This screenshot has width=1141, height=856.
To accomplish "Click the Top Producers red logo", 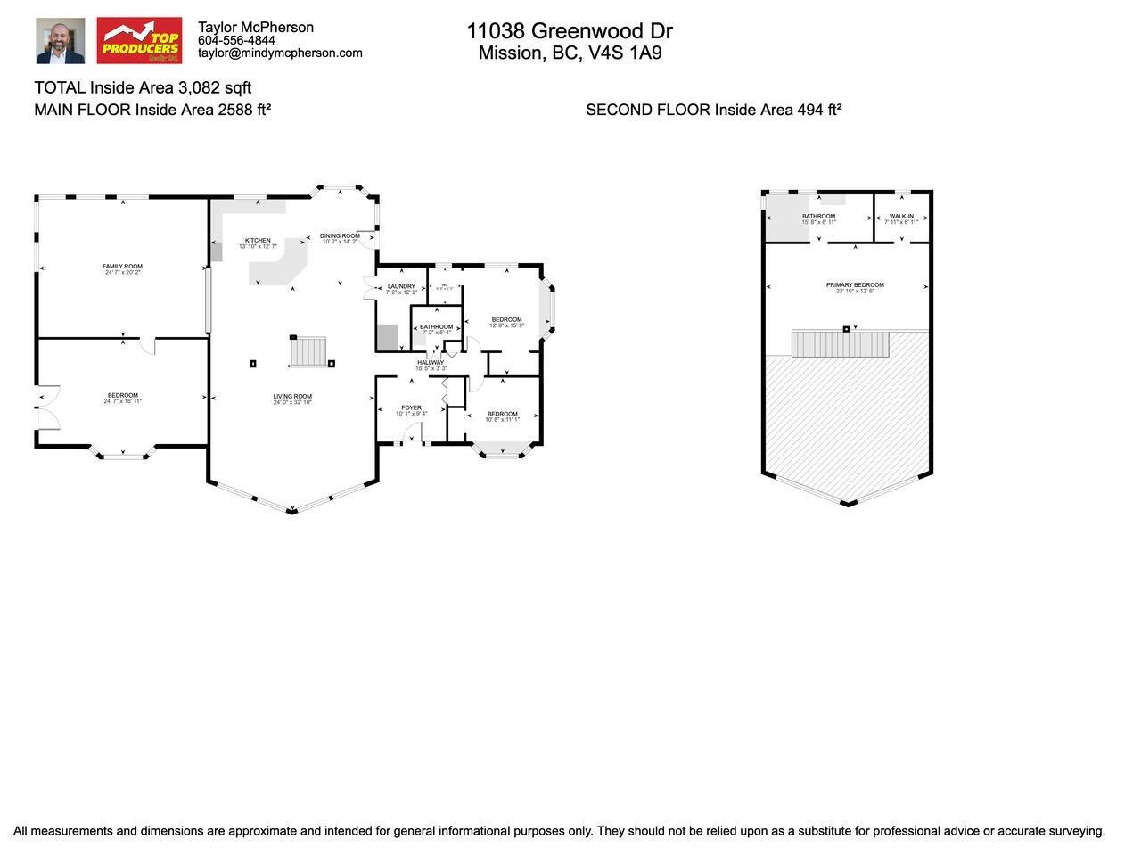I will [x=139, y=41].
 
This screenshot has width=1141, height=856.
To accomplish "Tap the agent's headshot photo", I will [x=61, y=41].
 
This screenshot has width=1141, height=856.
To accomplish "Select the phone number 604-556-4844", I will [x=236, y=40].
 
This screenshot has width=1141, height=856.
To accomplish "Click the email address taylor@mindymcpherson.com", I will [x=280, y=53].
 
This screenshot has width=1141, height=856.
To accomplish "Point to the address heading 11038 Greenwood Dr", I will [x=570, y=31].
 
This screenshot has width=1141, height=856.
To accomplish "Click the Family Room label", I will [x=123, y=267].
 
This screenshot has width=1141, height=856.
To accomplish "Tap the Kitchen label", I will [x=258, y=241].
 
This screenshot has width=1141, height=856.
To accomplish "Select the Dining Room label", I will [x=340, y=236].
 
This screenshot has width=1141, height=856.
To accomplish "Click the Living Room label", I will [x=292, y=397].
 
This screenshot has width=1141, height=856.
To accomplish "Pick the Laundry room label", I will [x=401, y=287].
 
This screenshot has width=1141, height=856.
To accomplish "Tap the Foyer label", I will [x=411, y=408].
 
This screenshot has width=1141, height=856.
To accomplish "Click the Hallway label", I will [x=431, y=363].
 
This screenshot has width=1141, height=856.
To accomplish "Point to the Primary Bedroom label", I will [x=855, y=285].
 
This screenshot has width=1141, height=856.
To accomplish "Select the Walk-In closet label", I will [x=901, y=217].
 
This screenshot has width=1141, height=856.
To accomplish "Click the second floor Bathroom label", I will [x=818, y=217].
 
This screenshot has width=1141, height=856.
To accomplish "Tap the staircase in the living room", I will [x=308, y=351].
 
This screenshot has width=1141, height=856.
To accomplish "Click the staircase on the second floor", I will [x=841, y=344].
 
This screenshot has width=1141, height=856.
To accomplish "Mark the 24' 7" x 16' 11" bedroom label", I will [x=123, y=396].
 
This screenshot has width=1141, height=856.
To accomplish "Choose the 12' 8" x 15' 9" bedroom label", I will [x=506, y=320].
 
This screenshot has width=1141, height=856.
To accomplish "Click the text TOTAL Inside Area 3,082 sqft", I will [x=143, y=87].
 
